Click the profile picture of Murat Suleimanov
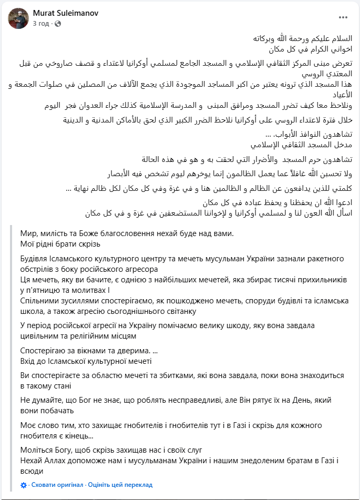(18, 18)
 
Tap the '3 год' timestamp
(41, 24)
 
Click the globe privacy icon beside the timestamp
(57, 24)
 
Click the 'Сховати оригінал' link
(57, 485)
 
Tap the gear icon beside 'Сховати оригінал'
(24, 485)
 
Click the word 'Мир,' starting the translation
(30, 233)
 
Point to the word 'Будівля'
(36, 259)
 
